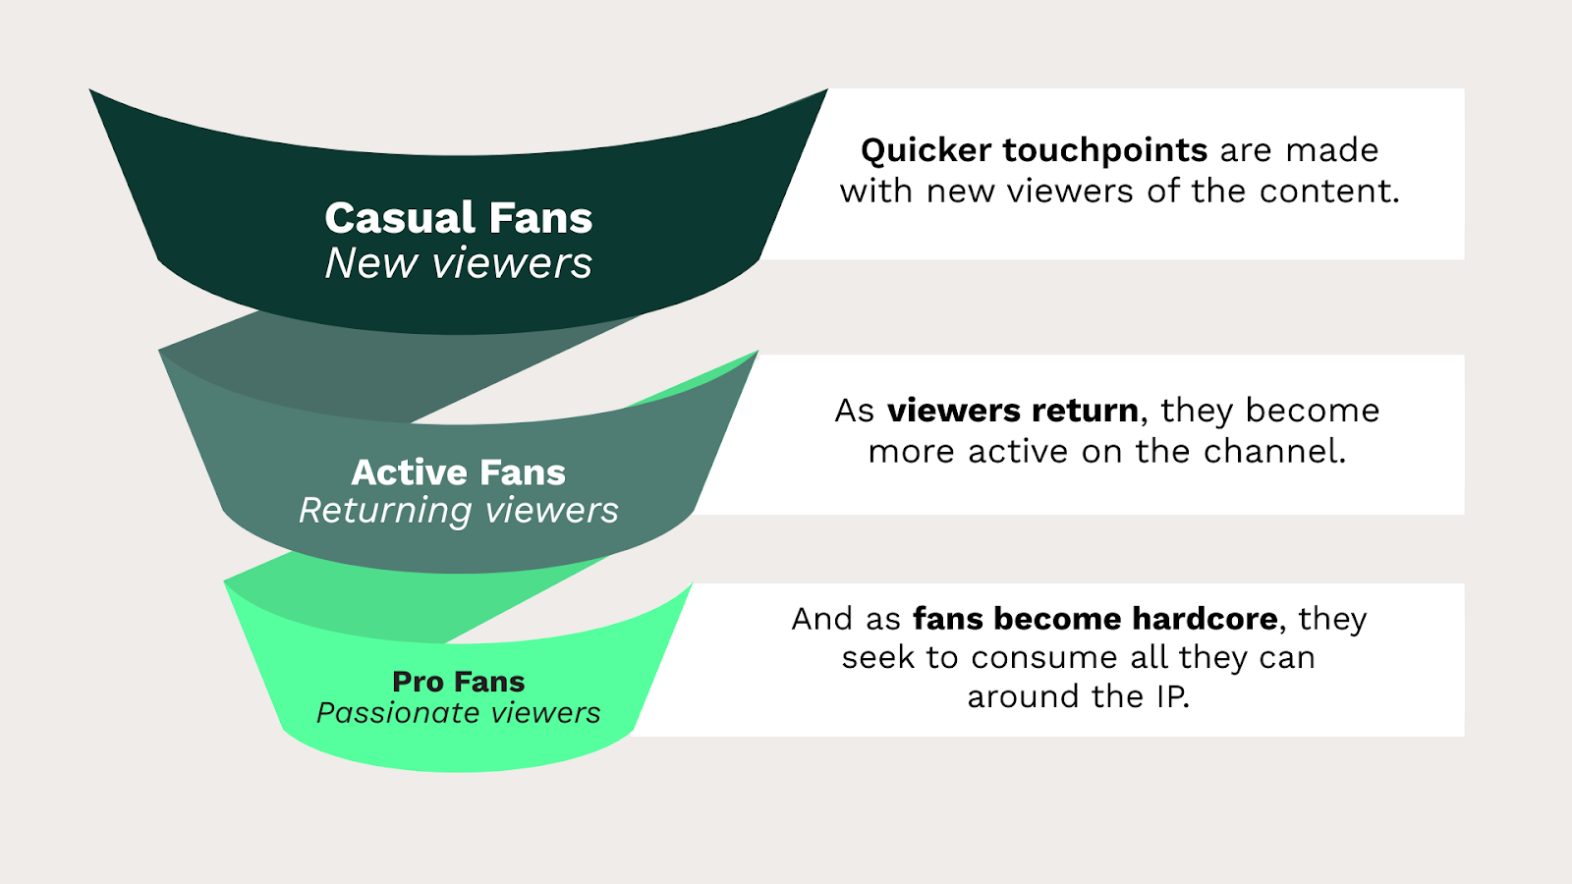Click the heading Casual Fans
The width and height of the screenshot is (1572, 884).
[458, 217]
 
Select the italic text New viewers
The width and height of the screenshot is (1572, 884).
[458, 264]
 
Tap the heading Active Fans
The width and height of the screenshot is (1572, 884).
[458, 472]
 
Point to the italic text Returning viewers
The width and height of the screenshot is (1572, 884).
[458, 511]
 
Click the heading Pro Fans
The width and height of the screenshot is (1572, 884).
[458, 682]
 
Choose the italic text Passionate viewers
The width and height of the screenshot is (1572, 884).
[458, 713]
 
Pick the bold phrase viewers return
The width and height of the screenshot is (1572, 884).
[1013, 411]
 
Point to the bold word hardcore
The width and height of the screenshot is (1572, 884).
[1205, 619]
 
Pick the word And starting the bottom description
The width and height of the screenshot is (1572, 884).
[821, 620]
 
